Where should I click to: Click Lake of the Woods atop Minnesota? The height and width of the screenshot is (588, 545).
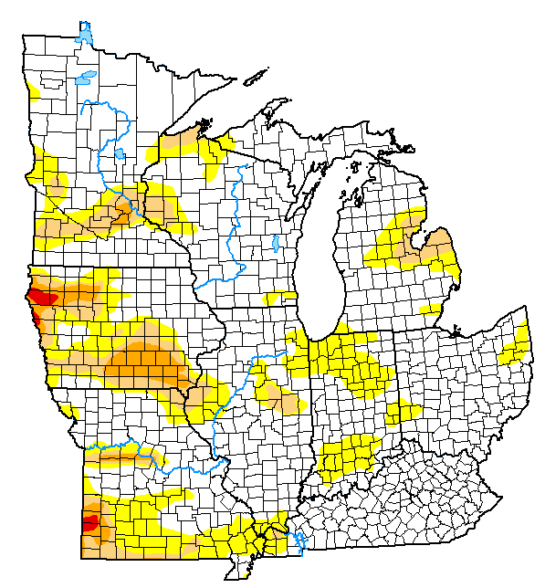pos(85,36)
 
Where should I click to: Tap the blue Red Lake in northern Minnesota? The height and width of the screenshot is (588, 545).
pos(87,78)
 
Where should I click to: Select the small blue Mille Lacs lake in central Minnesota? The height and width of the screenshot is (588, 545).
pos(121,152)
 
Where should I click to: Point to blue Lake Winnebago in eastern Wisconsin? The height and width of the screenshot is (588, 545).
pos(275,244)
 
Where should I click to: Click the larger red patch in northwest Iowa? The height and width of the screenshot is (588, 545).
pos(42,297)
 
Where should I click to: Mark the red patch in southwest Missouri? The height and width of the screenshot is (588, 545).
pos(90,522)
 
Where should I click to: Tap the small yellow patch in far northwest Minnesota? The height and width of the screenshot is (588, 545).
pos(33,90)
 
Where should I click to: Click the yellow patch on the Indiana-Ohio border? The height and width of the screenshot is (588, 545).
pos(398,411)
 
